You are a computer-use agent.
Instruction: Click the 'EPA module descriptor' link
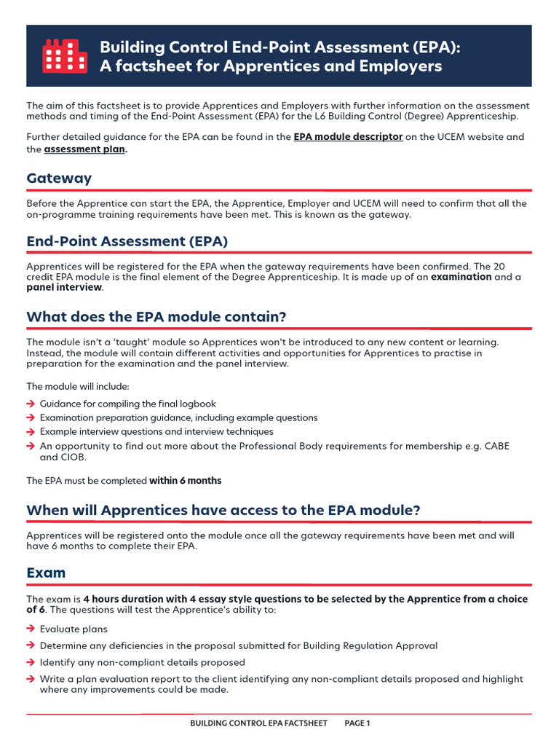pos(348,136)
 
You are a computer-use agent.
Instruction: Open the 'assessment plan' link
pos(84,149)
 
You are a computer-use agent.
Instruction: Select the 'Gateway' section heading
pos(59,178)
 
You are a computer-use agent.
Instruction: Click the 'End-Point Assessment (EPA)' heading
pos(127,241)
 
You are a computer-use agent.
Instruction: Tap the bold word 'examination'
pos(461,277)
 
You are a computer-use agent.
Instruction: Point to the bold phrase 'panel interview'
pos(64,288)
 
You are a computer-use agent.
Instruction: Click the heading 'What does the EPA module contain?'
pos(156,317)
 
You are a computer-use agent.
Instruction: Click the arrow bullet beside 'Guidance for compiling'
pos(31,404)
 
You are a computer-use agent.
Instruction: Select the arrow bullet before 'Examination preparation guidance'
pos(31,417)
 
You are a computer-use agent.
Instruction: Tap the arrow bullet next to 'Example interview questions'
pos(31,432)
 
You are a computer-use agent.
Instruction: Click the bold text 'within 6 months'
pos(185,481)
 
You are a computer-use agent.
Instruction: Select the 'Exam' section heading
pos(46,573)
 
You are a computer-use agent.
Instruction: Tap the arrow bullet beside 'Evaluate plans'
pos(31,629)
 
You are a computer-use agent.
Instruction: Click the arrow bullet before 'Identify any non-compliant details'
pos(31,662)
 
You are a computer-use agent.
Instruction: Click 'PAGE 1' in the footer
pos(357,723)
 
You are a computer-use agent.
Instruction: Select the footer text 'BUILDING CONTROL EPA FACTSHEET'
pos(258,723)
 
